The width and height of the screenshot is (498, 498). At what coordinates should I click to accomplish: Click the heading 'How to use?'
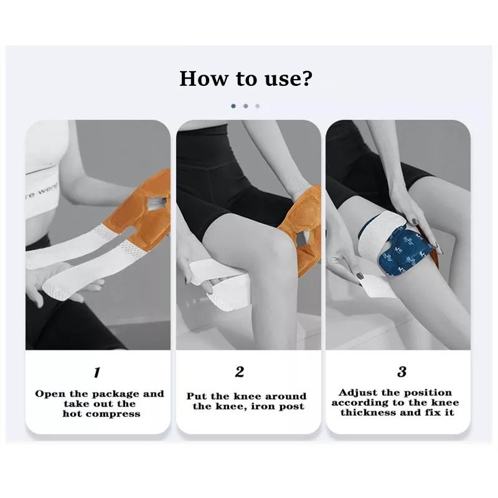click(246, 78)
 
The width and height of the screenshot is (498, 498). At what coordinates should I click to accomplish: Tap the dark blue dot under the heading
click(233, 106)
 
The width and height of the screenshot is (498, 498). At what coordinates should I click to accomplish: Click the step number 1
click(96, 373)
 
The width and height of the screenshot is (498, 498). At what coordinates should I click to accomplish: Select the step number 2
click(240, 372)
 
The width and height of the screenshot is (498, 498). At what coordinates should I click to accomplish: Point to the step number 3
click(402, 372)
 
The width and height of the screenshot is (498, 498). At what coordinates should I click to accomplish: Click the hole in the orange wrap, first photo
click(159, 203)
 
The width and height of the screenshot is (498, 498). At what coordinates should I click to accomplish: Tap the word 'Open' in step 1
click(49, 393)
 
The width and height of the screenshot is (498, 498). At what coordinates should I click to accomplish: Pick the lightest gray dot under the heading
click(258, 106)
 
